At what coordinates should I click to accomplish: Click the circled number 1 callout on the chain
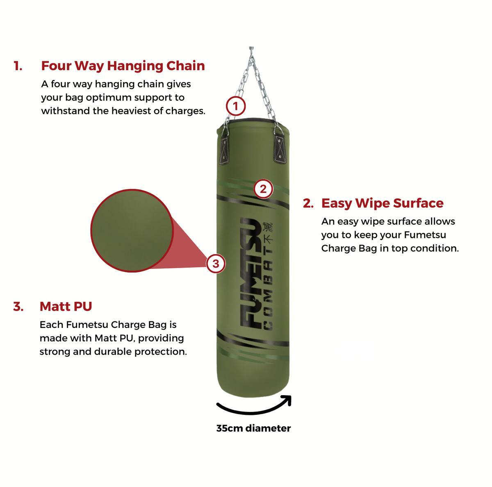point(236,107)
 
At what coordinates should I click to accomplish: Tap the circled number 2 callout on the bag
point(263,189)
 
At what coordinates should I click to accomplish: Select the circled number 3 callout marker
point(216,264)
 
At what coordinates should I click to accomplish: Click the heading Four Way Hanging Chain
point(123,66)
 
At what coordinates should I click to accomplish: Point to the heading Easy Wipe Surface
point(382,203)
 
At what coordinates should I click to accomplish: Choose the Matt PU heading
point(66,306)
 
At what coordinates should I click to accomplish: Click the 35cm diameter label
point(253,428)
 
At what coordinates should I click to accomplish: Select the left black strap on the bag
point(225,150)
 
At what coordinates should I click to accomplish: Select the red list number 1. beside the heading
point(18,66)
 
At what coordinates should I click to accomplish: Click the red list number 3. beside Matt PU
point(18,307)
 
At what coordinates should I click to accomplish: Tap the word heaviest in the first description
point(131,111)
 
